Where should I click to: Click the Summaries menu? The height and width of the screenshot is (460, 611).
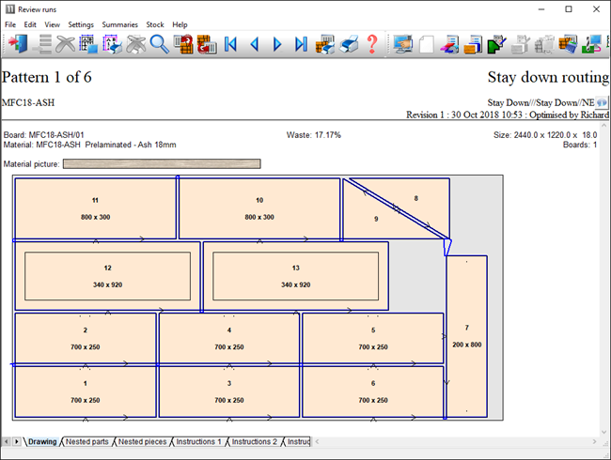119,24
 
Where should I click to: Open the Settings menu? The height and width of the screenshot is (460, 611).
81,24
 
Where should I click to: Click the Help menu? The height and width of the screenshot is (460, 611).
180,24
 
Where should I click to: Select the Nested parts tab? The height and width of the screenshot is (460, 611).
86,442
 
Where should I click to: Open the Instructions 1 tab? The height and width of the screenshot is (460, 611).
198,442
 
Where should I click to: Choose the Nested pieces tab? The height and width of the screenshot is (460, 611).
142,442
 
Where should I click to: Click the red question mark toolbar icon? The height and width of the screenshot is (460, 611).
372,43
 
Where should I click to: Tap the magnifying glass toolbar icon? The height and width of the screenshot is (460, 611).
159,43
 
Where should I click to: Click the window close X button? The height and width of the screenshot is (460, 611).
596,9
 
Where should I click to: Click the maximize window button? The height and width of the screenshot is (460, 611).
569,9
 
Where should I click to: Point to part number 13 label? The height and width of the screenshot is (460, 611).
296,268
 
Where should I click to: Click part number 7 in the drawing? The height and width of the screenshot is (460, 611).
467,328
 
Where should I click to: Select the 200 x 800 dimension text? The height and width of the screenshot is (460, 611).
467,345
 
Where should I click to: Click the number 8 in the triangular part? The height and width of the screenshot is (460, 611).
416,198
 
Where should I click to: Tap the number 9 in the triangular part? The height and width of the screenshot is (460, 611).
376,219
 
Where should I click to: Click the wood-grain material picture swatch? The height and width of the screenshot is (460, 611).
162,164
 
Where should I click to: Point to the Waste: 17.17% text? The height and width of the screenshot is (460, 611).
314,135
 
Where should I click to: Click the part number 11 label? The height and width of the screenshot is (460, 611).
95,200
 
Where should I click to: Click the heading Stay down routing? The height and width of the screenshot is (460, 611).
548,77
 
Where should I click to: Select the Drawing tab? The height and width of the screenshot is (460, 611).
42,442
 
